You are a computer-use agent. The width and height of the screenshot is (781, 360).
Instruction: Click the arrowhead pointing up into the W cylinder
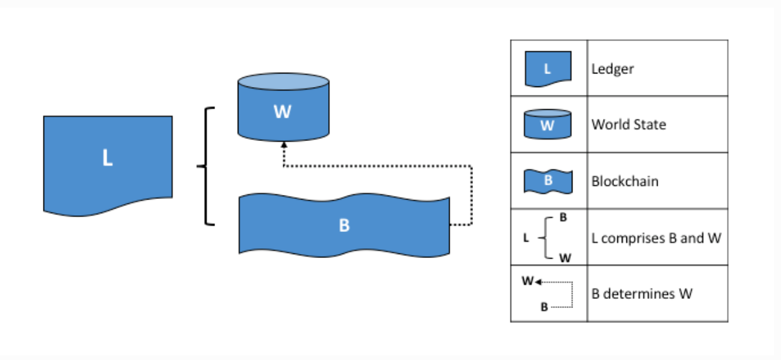(x=283, y=145)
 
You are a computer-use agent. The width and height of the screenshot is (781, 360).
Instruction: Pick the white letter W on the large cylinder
(x=283, y=112)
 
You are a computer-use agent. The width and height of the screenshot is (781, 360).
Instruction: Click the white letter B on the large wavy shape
(x=344, y=226)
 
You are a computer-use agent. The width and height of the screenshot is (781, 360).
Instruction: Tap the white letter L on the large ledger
(x=107, y=158)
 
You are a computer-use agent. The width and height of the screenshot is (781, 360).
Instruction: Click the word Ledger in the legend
(x=612, y=68)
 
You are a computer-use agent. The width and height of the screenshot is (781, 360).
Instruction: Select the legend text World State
(x=628, y=124)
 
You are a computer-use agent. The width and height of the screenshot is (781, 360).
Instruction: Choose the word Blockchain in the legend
(x=624, y=181)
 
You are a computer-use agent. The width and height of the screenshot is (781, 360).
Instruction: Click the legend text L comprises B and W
(x=656, y=238)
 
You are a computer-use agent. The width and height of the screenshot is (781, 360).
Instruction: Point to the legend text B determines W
(x=641, y=294)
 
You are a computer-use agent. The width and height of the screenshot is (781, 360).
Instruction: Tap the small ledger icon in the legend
(x=548, y=69)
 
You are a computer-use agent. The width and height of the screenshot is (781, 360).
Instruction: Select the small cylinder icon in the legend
(x=548, y=124)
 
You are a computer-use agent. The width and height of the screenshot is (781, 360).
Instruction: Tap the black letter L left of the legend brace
(x=526, y=238)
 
